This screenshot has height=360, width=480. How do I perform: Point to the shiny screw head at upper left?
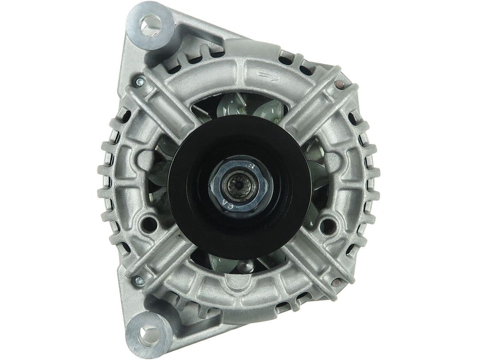tap(140, 81)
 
